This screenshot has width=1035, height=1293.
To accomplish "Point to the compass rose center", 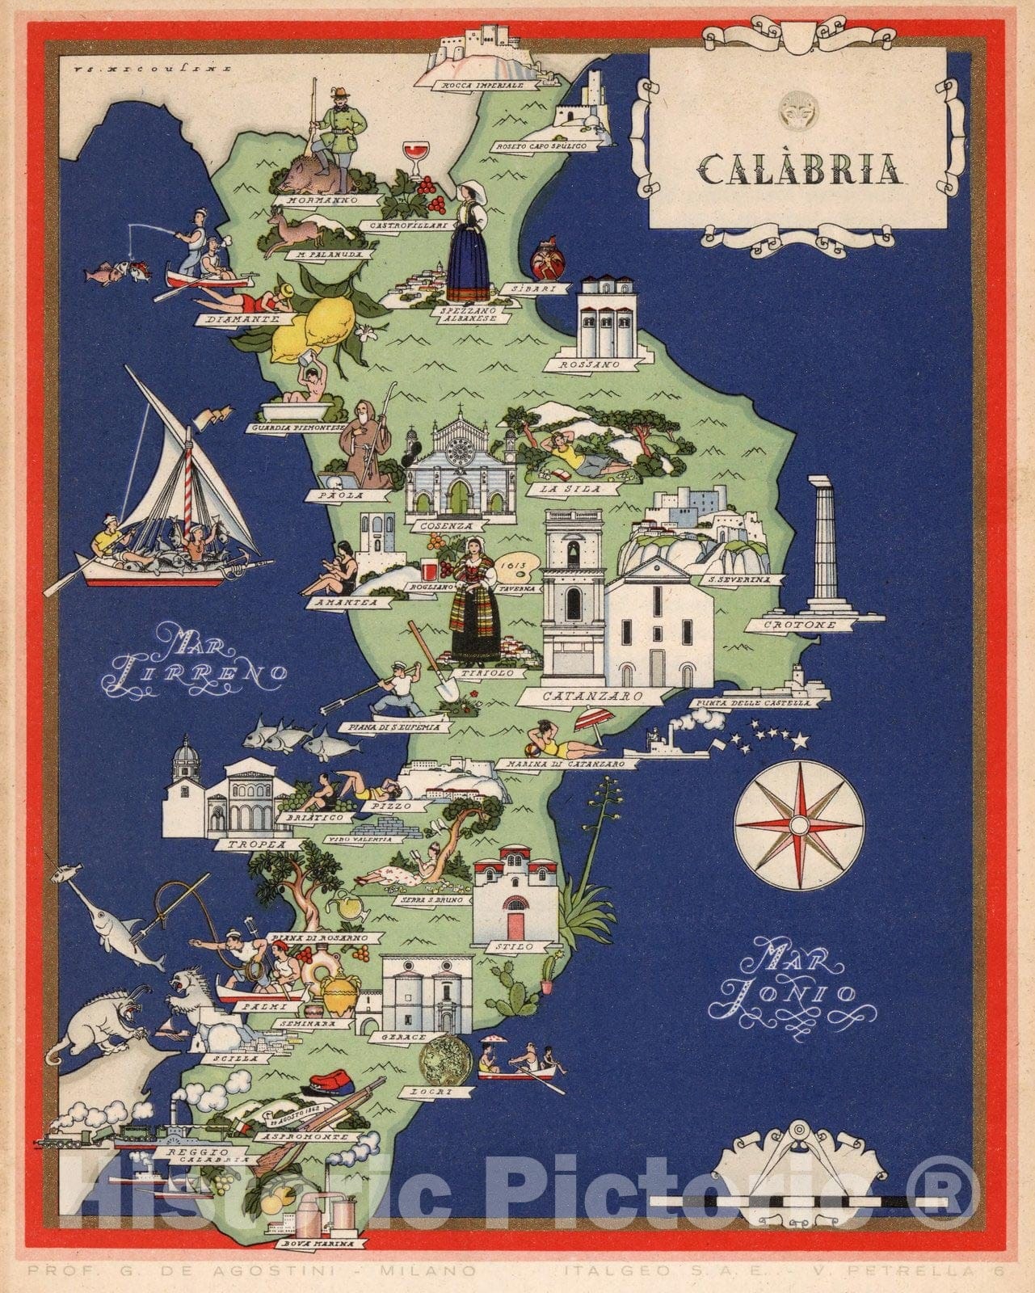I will click(799, 824).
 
